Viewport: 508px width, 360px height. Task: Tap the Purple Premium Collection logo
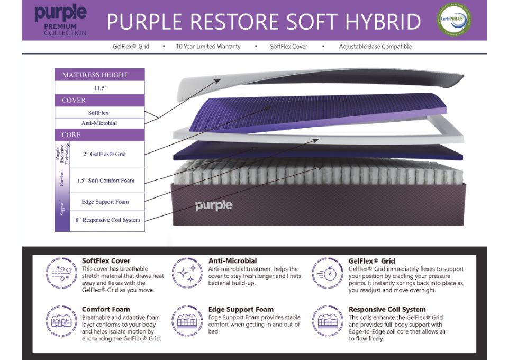[60, 20]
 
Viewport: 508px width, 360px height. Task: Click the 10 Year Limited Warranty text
[208, 47]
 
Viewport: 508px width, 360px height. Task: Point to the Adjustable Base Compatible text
[375, 47]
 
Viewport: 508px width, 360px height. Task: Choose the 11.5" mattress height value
[99, 88]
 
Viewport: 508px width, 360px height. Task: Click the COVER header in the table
[74, 101]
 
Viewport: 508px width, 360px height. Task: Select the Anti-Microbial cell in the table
[99, 123]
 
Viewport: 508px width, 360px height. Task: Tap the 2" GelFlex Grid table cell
[104, 154]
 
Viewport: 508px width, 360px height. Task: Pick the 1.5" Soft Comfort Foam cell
[105, 181]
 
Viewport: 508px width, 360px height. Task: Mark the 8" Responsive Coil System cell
[107, 220]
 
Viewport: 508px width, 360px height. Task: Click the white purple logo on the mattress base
[214, 205]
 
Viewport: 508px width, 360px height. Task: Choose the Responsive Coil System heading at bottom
[387, 309]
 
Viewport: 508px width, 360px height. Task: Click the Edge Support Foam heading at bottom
[241, 309]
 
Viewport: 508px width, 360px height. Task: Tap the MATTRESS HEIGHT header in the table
[95, 75]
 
